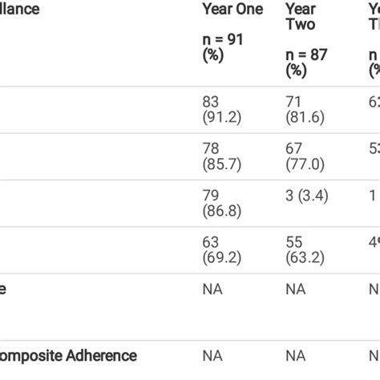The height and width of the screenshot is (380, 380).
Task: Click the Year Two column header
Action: pyautogui.click(x=301, y=16)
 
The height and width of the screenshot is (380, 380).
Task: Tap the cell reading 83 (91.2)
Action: pyautogui.click(x=220, y=109)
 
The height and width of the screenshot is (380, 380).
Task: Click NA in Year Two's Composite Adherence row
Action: pyautogui.click(x=295, y=355)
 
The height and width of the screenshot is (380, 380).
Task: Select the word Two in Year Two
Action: pyautogui.click(x=300, y=24)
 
